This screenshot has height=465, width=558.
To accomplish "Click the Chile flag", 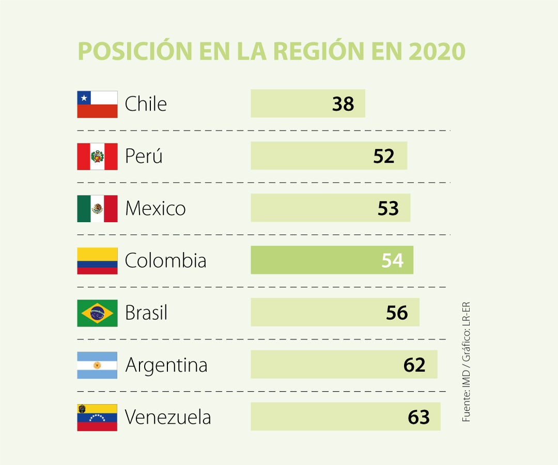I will (x=97, y=104).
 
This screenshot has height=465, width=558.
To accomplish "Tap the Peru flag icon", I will (x=97, y=157).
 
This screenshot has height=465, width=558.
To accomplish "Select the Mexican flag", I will (x=97, y=209).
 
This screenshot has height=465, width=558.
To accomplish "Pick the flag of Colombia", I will (x=97, y=261).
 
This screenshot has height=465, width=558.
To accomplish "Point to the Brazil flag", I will (x=97, y=313).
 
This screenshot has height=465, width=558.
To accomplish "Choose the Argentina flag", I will (x=97, y=365).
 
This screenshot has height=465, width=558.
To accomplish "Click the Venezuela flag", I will (x=97, y=417).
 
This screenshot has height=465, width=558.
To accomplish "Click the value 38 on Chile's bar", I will (x=343, y=104).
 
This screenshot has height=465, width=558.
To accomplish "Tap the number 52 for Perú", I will (x=384, y=157).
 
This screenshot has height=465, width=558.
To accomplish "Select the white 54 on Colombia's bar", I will (x=392, y=261).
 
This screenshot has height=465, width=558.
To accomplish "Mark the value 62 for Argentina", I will (x=414, y=365).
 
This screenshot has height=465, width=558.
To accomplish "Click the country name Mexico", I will (x=155, y=209).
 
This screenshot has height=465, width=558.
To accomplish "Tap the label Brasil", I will (x=146, y=313).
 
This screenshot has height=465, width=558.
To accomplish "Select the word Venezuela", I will (x=168, y=417).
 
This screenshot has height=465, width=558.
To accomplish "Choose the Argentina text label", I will (x=166, y=365).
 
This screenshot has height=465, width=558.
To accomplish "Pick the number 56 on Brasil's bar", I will (x=397, y=313).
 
